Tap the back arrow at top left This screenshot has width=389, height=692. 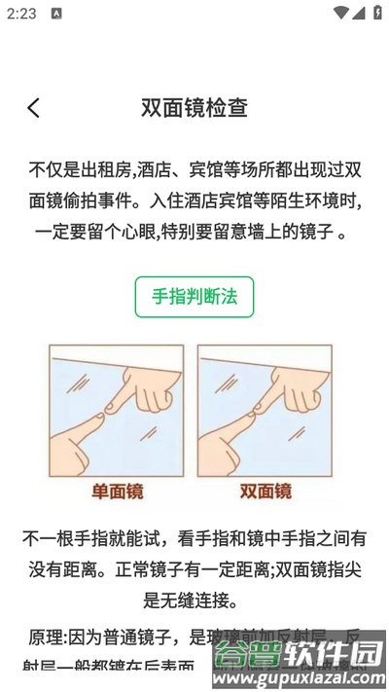[34, 107]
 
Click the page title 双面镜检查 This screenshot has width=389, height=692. [194, 107]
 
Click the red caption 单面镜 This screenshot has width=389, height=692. [118, 492]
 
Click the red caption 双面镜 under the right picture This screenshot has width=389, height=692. [265, 492]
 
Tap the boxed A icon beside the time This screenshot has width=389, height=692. [56, 14]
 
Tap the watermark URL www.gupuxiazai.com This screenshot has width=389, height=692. [301, 674]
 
